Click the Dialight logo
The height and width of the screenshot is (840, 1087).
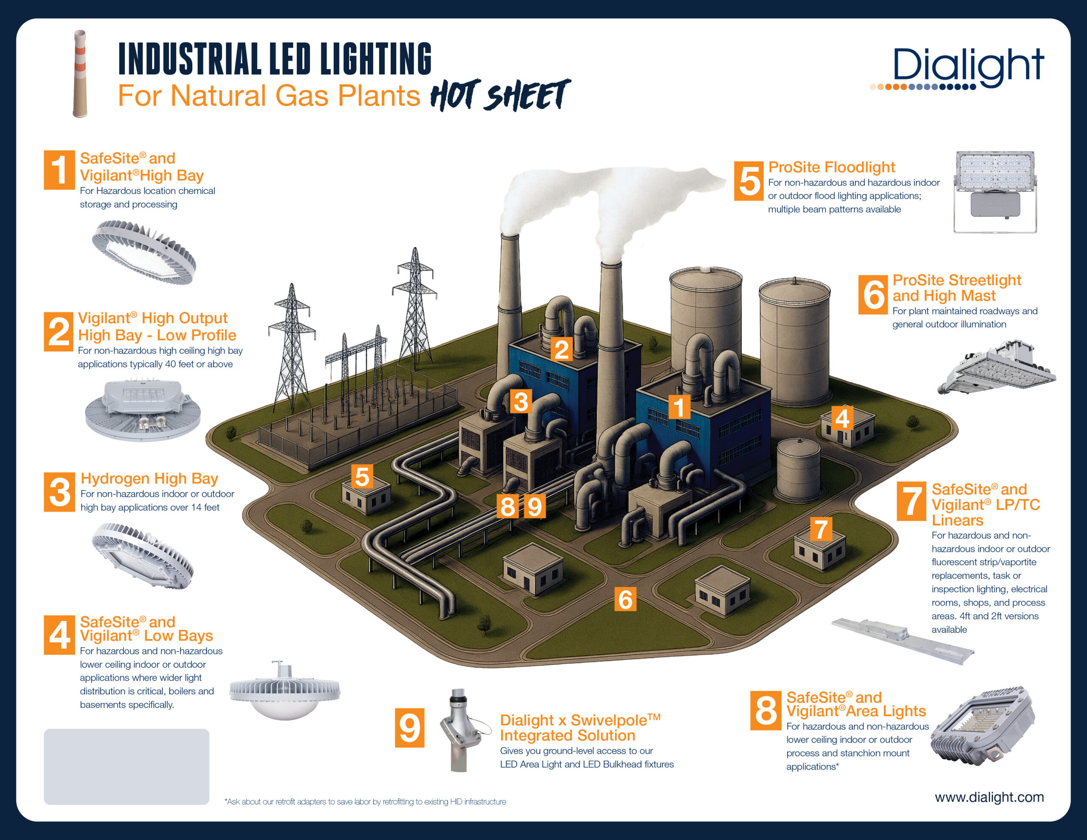coord(957,69)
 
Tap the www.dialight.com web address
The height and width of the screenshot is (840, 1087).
coord(989,797)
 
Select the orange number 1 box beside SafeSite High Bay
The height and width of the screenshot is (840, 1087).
coord(59,170)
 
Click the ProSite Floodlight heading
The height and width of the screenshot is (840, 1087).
coord(831,167)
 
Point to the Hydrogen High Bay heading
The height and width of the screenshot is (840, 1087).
coord(149,479)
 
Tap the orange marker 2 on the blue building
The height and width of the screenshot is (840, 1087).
coord(562,349)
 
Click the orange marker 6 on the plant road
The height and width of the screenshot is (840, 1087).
coord(625,599)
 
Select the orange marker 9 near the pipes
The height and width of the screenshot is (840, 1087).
coord(535,506)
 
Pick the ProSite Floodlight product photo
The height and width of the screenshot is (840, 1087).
coord(995,192)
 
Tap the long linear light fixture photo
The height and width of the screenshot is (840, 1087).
coord(902,641)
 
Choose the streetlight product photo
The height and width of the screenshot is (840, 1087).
coord(996,368)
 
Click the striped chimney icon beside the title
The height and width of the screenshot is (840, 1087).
coord(80,74)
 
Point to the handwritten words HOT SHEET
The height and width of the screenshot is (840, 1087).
coord(500,95)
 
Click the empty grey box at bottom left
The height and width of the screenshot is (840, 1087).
coord(127,766)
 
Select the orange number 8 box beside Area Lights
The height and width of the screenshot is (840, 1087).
coord(766,710)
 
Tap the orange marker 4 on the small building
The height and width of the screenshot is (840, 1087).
coord(842,418)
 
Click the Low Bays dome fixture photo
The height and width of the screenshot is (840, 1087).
coord(284,691)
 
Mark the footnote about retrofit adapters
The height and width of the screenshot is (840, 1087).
coord(365,802)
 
